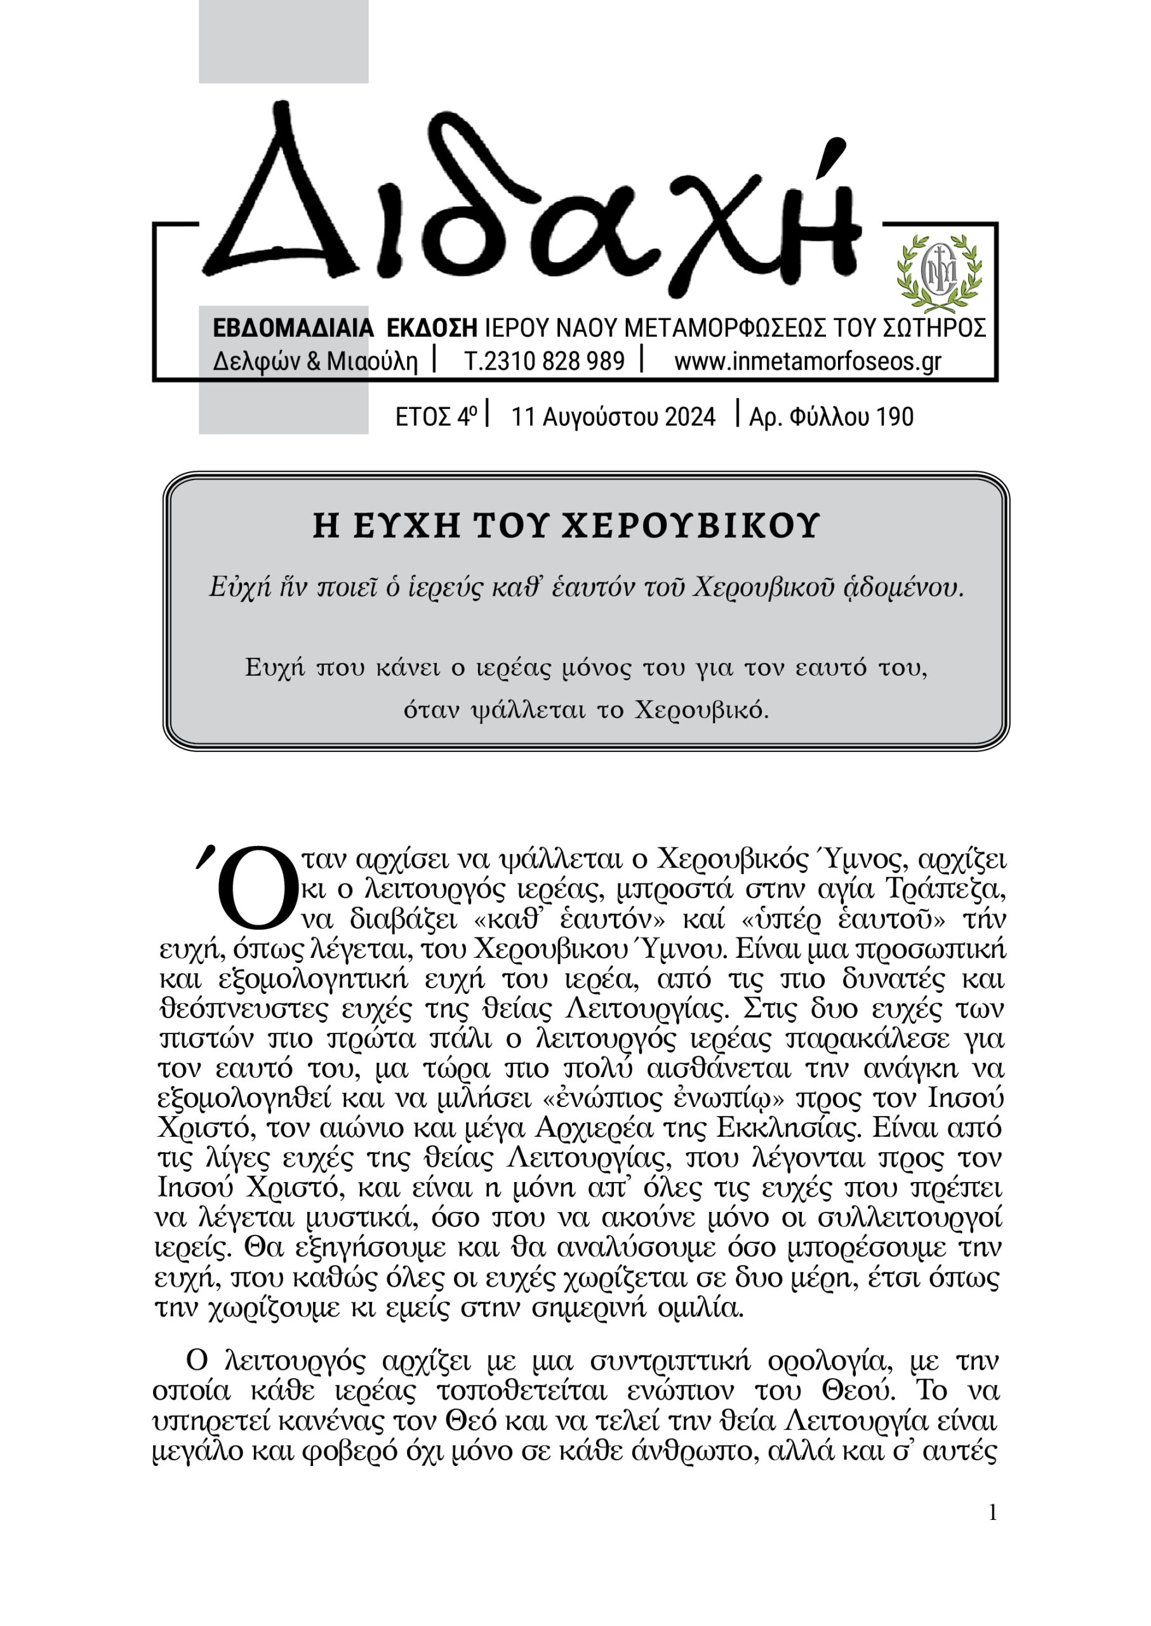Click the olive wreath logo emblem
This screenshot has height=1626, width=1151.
[x=939, y=274]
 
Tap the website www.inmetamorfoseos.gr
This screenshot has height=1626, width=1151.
[x=808, y=361]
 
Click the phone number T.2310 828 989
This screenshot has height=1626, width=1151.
[x=544, y=361]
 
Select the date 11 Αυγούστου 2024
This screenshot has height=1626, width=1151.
[x=613, y=417]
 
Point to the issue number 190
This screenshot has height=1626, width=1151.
[x=895, y=417]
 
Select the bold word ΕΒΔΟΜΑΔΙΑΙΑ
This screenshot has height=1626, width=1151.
[x=293, y=328]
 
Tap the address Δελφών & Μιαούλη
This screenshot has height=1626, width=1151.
[x=316, y=361]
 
